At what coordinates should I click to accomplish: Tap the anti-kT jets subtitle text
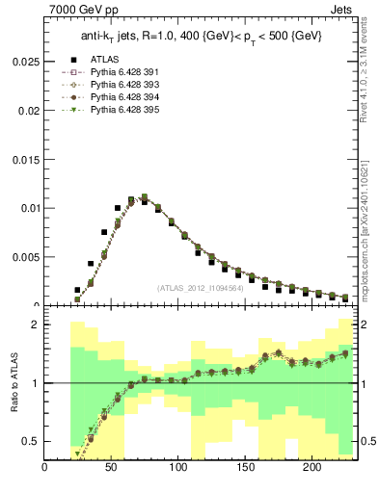201,36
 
